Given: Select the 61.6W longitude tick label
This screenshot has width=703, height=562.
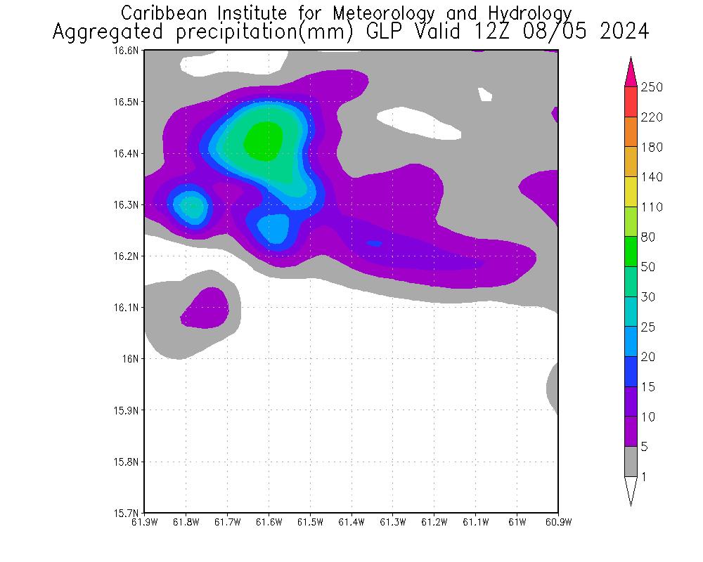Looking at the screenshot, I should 269,522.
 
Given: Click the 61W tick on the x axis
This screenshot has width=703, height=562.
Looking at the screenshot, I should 517,522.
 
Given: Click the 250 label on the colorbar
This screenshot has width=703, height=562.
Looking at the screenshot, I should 652,87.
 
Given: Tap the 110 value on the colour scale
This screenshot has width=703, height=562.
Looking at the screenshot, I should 652,207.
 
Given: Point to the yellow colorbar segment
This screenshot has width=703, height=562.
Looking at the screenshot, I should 631,192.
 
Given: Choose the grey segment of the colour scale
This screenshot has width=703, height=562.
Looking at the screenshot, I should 631,462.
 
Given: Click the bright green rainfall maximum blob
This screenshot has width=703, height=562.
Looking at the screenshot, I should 264,140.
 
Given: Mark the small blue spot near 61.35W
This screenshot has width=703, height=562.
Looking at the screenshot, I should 374,244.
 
